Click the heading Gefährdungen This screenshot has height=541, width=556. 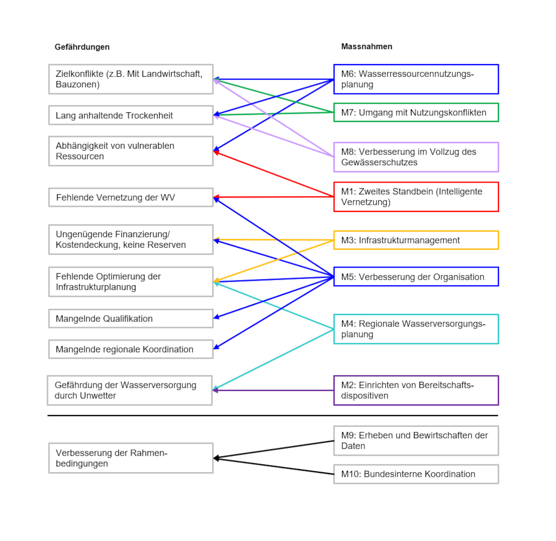(82, 47)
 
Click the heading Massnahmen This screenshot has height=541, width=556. (366, 47)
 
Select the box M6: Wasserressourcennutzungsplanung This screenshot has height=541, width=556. (415, 79)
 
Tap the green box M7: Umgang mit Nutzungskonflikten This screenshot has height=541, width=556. (415, 112)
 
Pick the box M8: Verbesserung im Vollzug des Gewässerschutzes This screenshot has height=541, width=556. (415, 157)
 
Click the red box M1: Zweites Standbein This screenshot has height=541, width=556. (415, 197)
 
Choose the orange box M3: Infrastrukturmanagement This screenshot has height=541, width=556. (415, 240)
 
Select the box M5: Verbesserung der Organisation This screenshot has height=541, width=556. (415, 277)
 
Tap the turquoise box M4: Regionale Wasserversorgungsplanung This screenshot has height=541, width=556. (415, 329)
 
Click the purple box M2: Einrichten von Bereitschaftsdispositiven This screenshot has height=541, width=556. (415, 390)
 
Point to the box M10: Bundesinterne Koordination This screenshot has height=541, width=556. (415, 474)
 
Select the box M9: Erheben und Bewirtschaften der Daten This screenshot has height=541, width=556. (415, 440)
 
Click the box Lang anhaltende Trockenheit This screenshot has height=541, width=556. (130, 115)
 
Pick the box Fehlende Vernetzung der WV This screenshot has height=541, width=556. (130, 197)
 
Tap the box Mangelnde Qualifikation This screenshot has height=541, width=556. (130, 319)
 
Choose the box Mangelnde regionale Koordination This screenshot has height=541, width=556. (130, 349)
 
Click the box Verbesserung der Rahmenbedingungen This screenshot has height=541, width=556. (130, 458)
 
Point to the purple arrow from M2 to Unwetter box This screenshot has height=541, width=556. (273, 390)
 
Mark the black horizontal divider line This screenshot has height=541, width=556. (273, 416)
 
